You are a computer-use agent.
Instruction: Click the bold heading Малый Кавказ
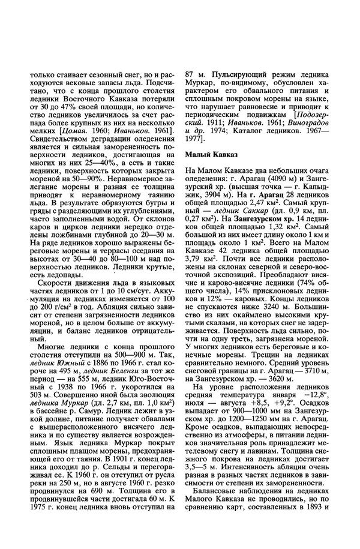211,155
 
